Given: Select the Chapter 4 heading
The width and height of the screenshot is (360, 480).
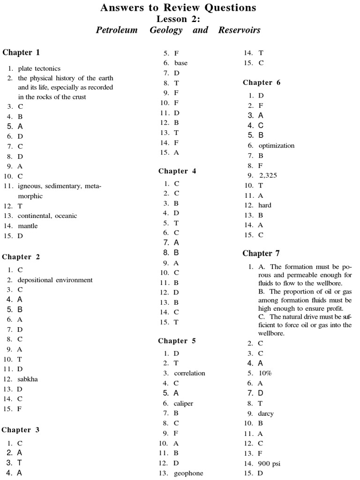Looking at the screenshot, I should pyautogui.click(x=177, y=171).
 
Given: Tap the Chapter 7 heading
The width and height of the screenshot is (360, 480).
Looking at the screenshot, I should pyautogui.click(x=261, y=254).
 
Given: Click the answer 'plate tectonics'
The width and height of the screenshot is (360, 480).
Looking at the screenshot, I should pyautogui.click(x=39, y=68).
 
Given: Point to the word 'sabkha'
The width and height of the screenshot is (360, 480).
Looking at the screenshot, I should pyautogui.click(x=28, y=379).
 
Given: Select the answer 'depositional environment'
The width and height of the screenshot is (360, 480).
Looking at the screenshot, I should pyautogui.click(x=55, y=280).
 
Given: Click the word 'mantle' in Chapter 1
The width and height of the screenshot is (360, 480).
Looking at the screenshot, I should pyautogui.click(x=28, y=226).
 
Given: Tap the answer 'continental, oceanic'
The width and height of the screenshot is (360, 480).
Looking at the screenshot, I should pyautogui.click(x=47, y=216).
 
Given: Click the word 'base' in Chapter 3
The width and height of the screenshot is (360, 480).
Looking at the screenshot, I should pyautogui.click(x=181, y=63).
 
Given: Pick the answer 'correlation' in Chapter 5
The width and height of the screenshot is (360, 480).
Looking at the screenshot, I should pyautogui.click(x=189, y=373).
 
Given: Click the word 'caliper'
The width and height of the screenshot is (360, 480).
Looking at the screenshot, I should pyautogui.click(x=183, y=403).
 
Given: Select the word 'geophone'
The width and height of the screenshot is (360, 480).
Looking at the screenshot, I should pyautogui.click(x=188, y=473).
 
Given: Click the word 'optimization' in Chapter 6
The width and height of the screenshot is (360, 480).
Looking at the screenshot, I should pyautogui.click(x=277, y=145).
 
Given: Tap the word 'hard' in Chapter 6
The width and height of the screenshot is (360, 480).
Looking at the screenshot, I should pyautogui.click(x=265, y=205).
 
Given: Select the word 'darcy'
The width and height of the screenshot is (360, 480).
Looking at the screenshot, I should pyautogui.click(x=266, y=413).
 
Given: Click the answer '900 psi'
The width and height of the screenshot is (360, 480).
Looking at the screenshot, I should pyautogui.click(x=269, y=464).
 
